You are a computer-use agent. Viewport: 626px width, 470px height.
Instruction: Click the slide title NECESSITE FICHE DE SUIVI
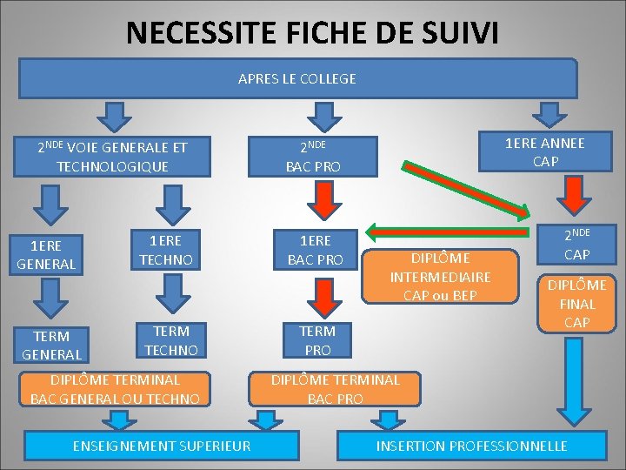[x=312, y=33]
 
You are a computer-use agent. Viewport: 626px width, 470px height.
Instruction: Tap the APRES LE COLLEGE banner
[x=297, y=78]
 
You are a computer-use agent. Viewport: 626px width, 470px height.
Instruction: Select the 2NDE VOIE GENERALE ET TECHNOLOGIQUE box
[x=112, y=156]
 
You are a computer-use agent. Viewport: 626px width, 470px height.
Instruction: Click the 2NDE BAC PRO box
[x=314, y=156]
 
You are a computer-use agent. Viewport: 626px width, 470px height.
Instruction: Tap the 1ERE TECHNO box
[x=164, y=250]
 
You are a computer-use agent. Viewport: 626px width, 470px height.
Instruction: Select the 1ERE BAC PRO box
[x=315, y=250]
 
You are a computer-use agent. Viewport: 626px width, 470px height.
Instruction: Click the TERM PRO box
[x=316, y=339]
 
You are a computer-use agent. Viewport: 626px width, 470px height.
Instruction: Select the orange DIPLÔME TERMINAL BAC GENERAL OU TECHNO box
[x=116, y=389]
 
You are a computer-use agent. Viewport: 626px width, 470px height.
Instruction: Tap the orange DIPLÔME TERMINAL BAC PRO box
[x=336, y=389]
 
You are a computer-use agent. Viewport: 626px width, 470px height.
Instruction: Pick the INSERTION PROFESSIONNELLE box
[x=471, y=446]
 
